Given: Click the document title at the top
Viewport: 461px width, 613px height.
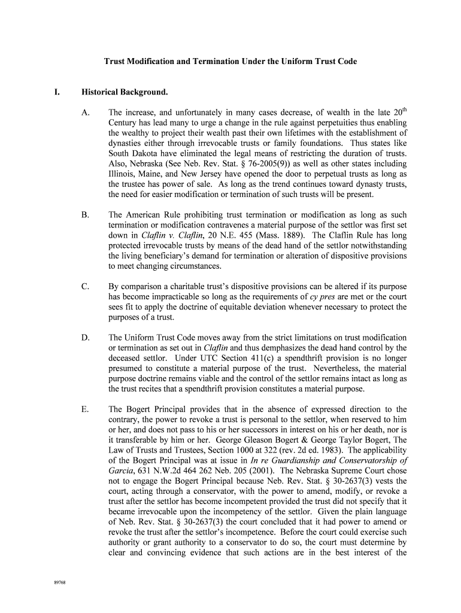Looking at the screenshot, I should tap(230, 62).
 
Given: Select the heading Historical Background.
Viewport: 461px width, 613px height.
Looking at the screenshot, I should tap(125, 93).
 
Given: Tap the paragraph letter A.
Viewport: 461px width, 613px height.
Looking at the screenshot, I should tap(85, 112).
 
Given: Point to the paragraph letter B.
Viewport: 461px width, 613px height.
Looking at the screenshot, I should tap(85, 214).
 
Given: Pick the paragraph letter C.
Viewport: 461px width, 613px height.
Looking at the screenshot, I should tap(85, 286).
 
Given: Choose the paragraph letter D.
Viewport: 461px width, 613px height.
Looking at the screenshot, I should tap(85, 338).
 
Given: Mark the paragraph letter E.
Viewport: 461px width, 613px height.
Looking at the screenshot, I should tap(85, 409).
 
